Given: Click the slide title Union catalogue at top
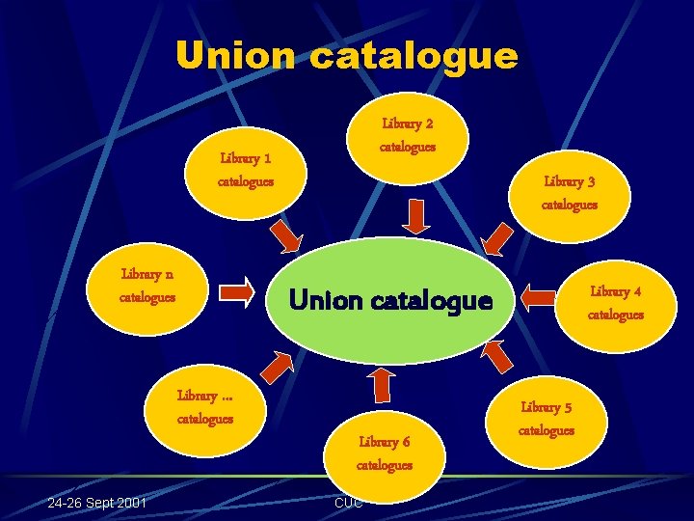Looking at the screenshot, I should point(346,55).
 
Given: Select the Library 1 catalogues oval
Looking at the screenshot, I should point(245,168).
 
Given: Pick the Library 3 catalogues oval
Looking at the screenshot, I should point(569,192).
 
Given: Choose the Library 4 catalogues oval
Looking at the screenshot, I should point(615,302).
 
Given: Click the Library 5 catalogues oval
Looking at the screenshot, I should point(546,419).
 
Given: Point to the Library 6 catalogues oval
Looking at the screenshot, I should point(384,453).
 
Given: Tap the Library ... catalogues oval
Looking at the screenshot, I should point(204,406).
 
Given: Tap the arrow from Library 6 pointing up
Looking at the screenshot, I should point(381,383).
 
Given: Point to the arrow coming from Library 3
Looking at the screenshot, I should point(498,238).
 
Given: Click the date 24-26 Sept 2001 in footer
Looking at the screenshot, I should point(98,503).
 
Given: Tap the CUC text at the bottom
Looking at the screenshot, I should point(348,503).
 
